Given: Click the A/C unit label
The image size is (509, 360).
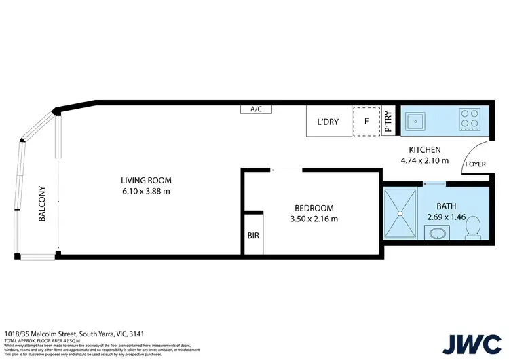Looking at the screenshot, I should click(256, 109).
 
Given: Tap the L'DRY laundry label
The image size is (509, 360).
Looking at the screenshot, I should click(328, 122).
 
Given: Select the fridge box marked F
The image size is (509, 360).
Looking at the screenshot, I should click(366, 122).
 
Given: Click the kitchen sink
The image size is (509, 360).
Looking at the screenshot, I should click(414, 120).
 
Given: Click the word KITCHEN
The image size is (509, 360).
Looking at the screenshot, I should click(424, 150).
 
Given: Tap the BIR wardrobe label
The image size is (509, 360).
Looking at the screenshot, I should click(252, 236).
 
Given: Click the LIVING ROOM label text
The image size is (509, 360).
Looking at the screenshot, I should click(146, 181).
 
